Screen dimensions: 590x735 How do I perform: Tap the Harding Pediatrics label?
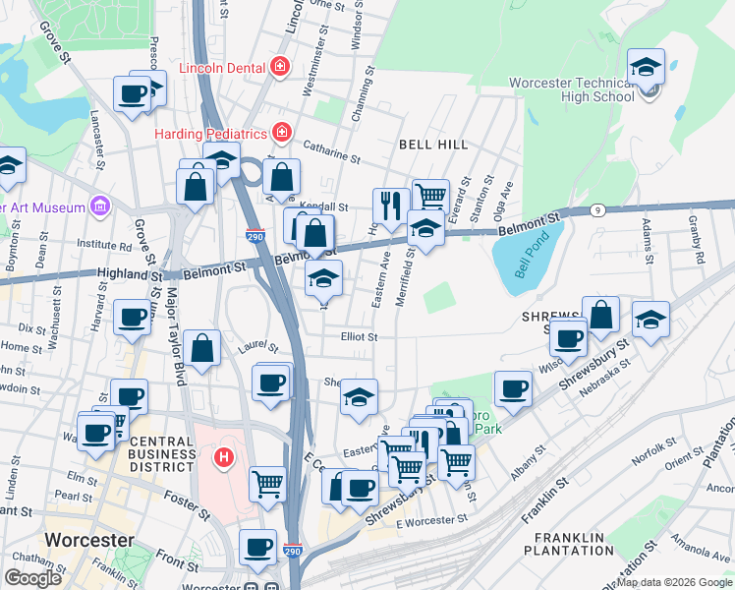(211, 133)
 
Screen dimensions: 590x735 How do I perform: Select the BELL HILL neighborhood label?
(433, 145)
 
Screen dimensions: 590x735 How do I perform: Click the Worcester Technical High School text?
(571, 89)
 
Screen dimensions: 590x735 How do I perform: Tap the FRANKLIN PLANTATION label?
(573, 546)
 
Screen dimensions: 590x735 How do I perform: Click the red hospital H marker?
(224, 457)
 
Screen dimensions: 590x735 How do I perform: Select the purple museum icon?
(98, 206)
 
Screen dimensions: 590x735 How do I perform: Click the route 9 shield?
(597, 209)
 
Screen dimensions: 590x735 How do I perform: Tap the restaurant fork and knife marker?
(391, 206)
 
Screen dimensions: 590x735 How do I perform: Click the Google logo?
(32, 578)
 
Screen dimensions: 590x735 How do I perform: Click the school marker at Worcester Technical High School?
(647, 69)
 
